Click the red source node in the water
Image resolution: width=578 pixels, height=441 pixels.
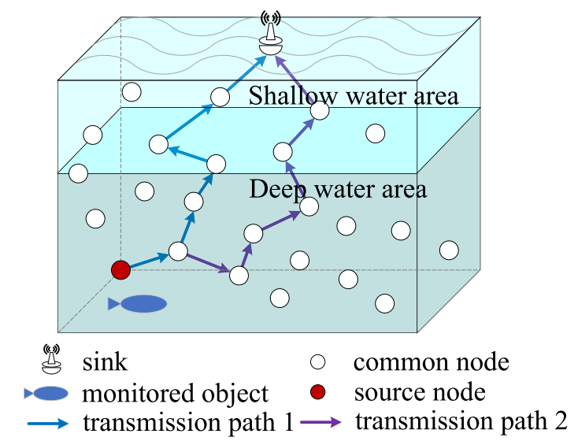(120, 270)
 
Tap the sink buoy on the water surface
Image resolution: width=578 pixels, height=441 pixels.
(272, 39)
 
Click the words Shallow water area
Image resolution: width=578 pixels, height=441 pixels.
(354, 96)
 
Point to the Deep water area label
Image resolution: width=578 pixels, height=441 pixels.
(338, 189)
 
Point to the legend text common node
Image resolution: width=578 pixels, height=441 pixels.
(431, 363)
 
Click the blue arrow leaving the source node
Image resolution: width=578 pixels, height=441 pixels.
(149, 261)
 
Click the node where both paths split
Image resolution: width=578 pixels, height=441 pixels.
(178, 251)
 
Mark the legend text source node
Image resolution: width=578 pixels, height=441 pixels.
(419, 391)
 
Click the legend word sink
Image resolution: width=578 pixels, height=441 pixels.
(104, 363)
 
